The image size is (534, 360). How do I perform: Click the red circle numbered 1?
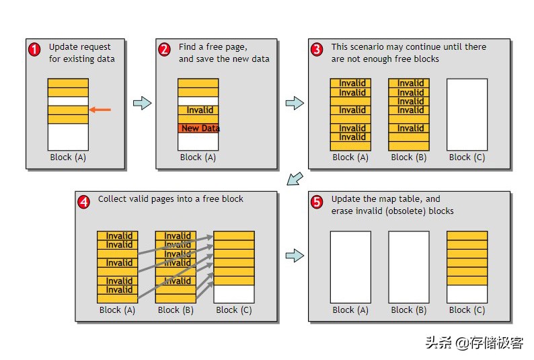click(x=34, y=50)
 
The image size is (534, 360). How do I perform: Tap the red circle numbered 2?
click(x=164, y=50)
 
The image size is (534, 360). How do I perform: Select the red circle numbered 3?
click(x=317, y=50)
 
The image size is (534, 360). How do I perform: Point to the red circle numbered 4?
click(x=83, y=201)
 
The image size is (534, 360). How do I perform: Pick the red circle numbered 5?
click(x=317, y=202)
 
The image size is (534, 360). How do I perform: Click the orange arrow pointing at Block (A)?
click(x=100, y=110)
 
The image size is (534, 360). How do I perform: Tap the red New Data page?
click(x=198, y=128)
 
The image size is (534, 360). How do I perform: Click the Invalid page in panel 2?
click(x=198, y=110)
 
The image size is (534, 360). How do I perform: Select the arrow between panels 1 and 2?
click(x=142, y=103)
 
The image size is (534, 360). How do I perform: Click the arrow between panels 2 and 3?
click(x=295, y=103)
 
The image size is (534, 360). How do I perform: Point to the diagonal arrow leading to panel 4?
click(x=294, y=178)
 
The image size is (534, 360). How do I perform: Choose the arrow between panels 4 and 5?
click(x=295, y=256)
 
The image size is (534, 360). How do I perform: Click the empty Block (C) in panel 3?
click(x=467, y=114)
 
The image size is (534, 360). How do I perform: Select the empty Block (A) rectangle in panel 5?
click(x=350, y=267)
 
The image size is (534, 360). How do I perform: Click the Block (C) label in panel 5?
click(x=467, y=310)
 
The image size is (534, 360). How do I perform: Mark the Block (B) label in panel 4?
click(x=176, y=310)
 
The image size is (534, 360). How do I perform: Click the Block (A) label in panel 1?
click(x=68, y=157)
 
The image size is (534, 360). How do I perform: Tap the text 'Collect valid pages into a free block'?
click(x=171, y=199)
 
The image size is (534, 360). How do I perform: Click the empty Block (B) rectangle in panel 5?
click(x=409, y=267)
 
